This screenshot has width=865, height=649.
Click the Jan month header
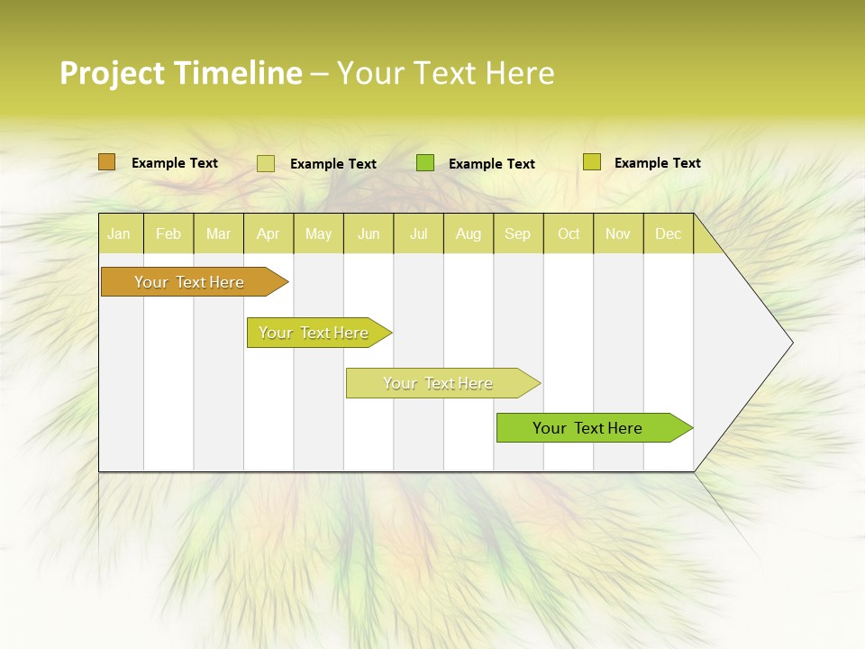(119, 233)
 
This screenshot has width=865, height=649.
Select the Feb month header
(168, 233)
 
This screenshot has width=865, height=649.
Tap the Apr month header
(268, 233)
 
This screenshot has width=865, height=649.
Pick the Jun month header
(369, 233)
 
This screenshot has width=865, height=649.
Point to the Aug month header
(469, 233)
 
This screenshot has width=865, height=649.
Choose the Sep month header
(518, 233)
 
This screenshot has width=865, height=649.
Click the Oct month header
(569, 233)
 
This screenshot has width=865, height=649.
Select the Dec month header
(669, 233)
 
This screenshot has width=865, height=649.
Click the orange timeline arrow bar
(189, 282)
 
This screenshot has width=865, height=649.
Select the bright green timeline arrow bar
(587, 428)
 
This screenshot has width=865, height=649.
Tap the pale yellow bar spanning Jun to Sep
(438, 383)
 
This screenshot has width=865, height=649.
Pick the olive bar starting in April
(314, 333)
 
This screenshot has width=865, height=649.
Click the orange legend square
(106, 162)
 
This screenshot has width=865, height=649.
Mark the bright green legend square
(425, 162)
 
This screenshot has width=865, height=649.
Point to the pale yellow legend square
(266, 163)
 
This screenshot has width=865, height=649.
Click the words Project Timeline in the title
(180, 73)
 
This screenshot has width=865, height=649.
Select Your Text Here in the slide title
(445, 73)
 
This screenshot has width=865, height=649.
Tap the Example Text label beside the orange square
(175, 163)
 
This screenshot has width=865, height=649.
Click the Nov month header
(618, 233)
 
